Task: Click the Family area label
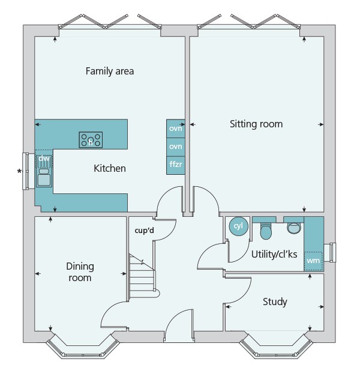point(109,71)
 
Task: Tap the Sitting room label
point(256,124)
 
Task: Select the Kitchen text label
point(110,168)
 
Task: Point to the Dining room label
point(80,271)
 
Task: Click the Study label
point(275,302)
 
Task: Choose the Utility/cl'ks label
point(275,254)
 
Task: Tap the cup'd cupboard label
point(145,229)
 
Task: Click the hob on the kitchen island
point(91,141)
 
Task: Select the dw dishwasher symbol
point(44,160)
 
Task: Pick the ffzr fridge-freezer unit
point(175,164)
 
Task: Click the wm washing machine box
point(313,261)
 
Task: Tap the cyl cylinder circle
point(238,227)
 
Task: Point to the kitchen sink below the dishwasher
point(44,178)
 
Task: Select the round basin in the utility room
point(294,227)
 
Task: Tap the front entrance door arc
point(178,329)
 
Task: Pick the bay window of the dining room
point(81,348)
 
